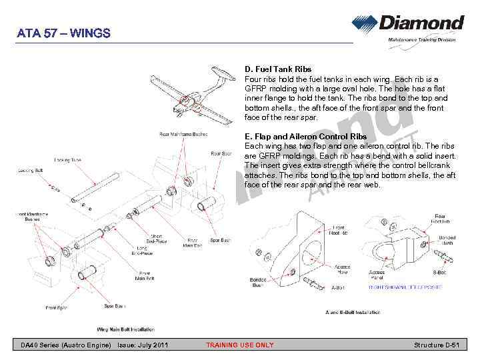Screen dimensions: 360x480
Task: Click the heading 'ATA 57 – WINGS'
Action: (x=64, y=33)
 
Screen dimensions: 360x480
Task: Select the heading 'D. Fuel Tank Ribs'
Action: (x=278, y=69)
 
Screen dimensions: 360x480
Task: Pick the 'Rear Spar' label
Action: (x=221, y=154)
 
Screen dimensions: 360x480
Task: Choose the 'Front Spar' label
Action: (x=56, y=308)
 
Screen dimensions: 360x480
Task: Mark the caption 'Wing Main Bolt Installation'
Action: (x=126, y=329)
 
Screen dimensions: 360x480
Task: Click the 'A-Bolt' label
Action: (x=338, y=288)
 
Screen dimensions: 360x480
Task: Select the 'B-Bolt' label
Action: (x=439, y=272)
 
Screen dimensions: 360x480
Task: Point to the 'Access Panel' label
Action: (x=377, y=275)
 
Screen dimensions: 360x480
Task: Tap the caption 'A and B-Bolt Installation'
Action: (x=353, y=312)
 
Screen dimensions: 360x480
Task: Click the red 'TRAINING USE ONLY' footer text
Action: (x=239, y=345)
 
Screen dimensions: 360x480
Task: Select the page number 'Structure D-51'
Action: (x=437, y=345)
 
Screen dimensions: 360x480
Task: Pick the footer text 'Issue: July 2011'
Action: (x=143, y=345)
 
